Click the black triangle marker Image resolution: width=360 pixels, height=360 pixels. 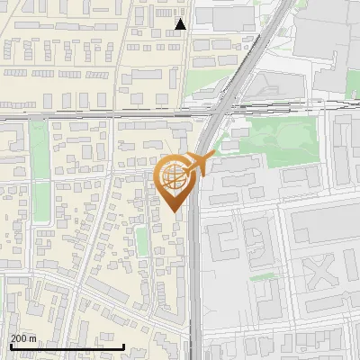tap(181, 24)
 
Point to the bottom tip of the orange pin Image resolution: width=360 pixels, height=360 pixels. tap(176, 212)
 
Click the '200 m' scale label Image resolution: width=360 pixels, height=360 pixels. tap(23, 338)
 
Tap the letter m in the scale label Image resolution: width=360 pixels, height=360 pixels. tap(32, 338)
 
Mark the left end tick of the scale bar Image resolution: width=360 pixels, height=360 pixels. tap(10, 346)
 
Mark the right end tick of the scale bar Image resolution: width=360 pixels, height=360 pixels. tap(123, 346)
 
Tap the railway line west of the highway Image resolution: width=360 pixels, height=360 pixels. tap(90, 115)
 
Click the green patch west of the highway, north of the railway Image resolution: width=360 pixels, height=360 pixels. tap(200, 85)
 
